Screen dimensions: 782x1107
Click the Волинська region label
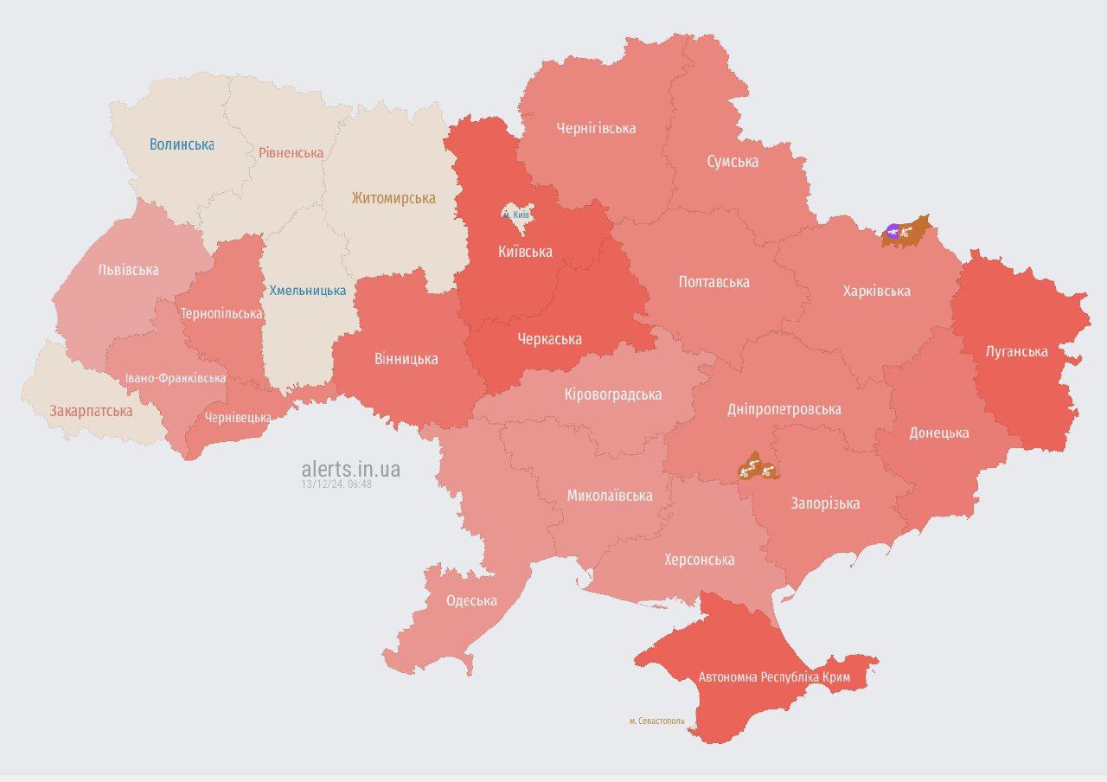[x=181, y=144]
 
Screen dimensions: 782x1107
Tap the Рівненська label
[x=291, y=153]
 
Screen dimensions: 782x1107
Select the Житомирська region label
[x=393, y=198]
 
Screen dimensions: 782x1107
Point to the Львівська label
[x=128, y=270]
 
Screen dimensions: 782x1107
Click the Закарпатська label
[x=91, y=411]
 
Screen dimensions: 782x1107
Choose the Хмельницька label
[x=307, y=291]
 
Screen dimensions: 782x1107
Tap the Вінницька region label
[x=406, y=359]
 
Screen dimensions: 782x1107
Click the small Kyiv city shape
[x=518, y=219]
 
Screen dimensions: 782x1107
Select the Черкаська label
[x=549, y=339]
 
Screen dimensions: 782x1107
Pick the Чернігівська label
[x=596, y=129]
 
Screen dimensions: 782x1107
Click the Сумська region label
[x=732, y=162]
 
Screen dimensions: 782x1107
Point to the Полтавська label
[x=713, y=282]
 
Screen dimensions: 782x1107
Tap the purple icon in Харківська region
[x=893, y=230]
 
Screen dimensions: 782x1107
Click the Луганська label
[x=1016, y=352]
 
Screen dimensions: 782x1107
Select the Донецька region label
[x=938, y=433]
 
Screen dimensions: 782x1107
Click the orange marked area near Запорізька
[x=758, y=468]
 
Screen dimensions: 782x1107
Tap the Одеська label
[x=471, y=601]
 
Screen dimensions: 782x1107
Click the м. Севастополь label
[x=656, y=721]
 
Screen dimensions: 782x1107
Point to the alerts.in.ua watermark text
[x=350, y=469]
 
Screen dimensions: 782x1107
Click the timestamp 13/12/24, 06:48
[x=336, y=484]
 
